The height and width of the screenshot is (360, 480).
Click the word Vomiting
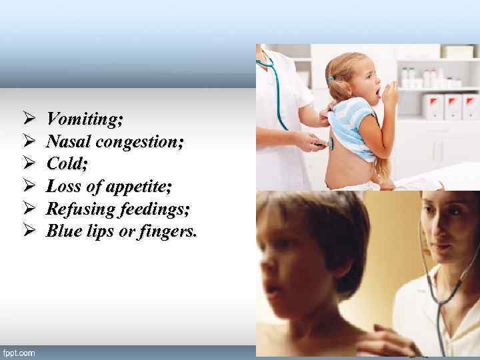coord(84,119)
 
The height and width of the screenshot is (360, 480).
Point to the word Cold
coord(65,165)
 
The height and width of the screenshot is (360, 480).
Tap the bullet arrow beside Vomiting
coord(27,119)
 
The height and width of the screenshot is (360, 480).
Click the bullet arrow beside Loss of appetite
coord(27,187)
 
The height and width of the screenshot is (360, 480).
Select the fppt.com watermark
coord(19,352)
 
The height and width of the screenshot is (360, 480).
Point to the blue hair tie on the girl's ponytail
coord(331,79)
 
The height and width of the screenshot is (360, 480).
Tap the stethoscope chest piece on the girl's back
coord(331,143)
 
